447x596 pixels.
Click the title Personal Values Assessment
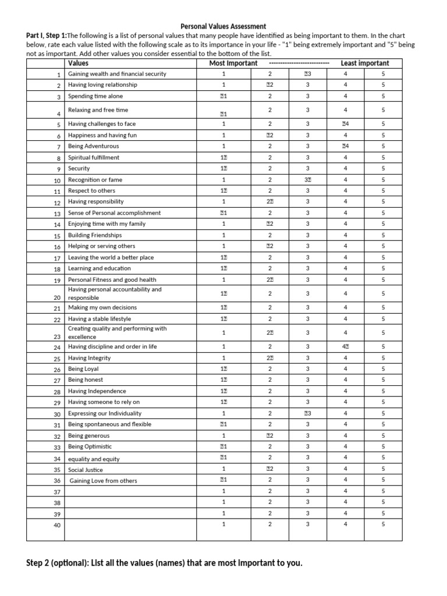[x=223, y=26]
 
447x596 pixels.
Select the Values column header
[x=79, y=63]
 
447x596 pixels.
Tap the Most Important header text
[x=233, y=63]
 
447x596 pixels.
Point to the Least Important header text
[x=365, y=63]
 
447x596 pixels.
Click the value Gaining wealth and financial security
[x=117, y=74]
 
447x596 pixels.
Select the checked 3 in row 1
[x=307, y=74]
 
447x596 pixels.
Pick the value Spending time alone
[x=95, y=97]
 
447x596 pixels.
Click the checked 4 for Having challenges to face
[x=345, y=124]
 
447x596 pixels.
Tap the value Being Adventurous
[x=93, y=146]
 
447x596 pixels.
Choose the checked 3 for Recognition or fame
[x=307, y=180]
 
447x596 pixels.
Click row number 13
[x=57, y=214]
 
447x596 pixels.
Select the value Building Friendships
[x=95, y=235]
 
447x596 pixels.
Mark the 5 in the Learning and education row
[x=383, y=269]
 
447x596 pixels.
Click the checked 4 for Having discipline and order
[x=345, y=347]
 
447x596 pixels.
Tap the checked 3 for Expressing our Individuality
[x=307, y=414]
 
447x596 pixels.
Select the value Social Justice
[x=86, y=470]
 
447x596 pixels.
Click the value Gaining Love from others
[x=104, y=481]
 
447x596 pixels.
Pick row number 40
[x=57, y=526]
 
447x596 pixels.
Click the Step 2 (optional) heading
[x=165, y=563]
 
